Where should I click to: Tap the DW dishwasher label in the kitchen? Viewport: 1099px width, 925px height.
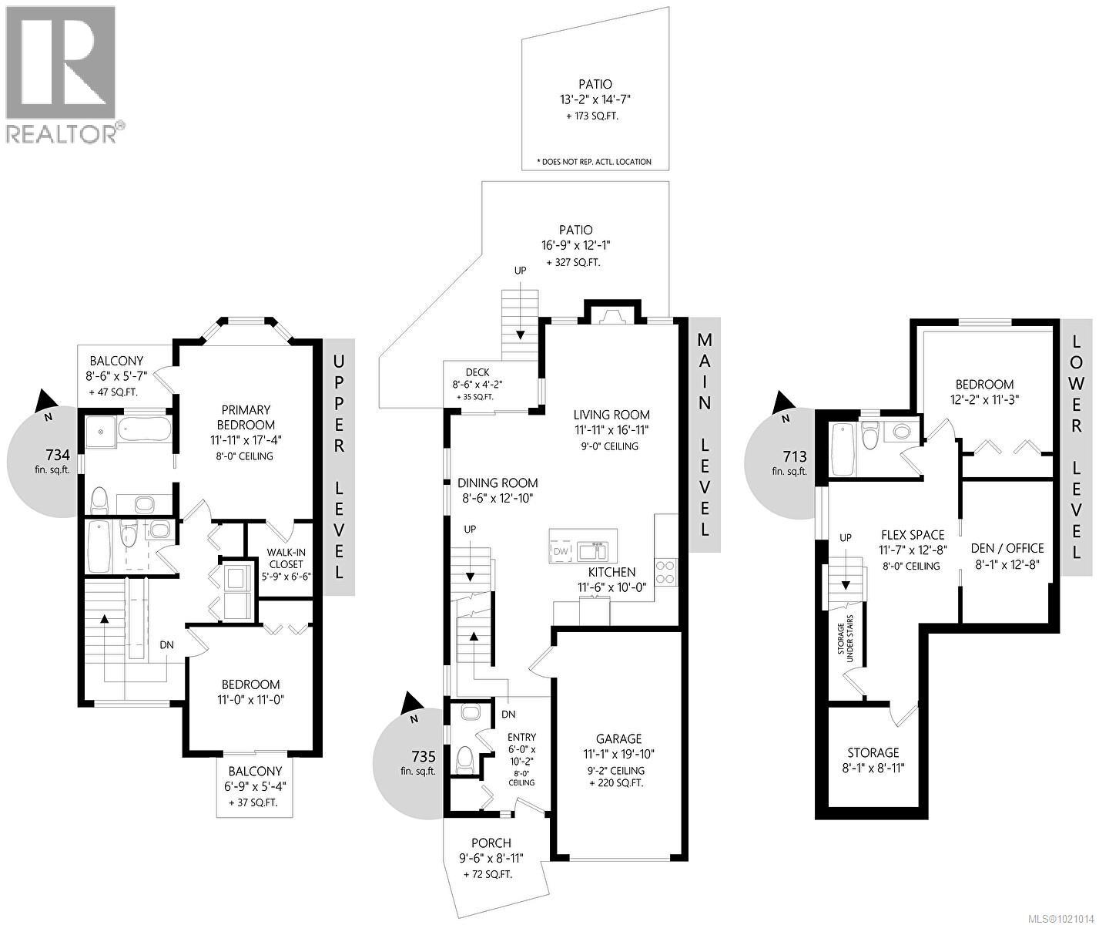tap(561, 552)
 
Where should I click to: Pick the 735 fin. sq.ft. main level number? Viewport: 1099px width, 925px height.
tap(424, 756)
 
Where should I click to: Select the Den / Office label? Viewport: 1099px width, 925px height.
tap(1008, 548)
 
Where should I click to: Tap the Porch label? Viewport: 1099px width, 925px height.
tap(491, 843)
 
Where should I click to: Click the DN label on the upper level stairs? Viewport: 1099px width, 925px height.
tap(167, 644)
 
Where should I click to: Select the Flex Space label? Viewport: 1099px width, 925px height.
tap(913, 534)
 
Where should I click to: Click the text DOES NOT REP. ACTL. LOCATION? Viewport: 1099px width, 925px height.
tap(594, 162)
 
